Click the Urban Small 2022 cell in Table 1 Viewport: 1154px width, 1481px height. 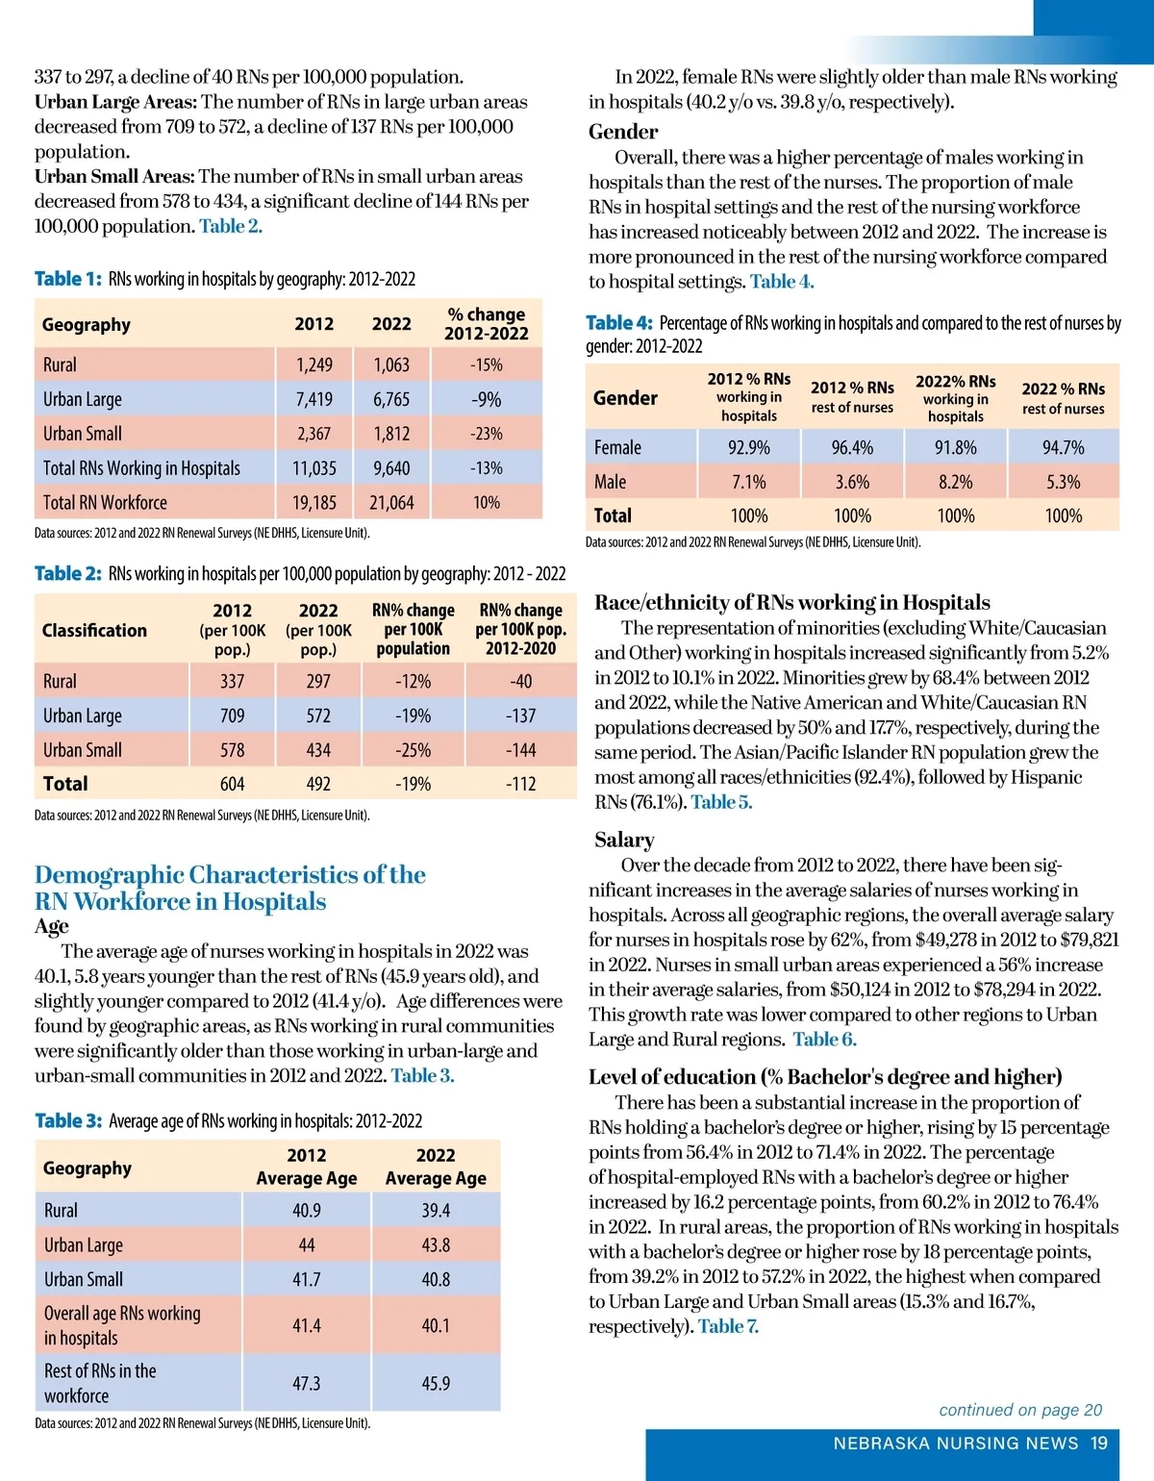pos(391,434)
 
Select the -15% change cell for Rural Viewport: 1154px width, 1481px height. pos(487,365)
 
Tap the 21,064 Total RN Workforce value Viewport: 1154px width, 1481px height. pos(391,503)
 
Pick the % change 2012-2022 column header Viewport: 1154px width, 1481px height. pos(487,324)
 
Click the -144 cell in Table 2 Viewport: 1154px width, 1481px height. pos(520,750)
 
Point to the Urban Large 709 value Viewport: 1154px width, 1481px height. pos(232,715)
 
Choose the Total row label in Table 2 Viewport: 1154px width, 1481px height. pos(65,784)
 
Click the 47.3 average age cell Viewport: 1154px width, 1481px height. pos(307,1384)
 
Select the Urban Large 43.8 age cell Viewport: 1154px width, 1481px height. pos(436,1245)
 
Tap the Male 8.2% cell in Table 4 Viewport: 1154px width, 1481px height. pos(956,482)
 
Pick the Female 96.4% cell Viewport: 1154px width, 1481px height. pos(852,447)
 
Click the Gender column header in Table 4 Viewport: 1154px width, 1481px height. pos(625,398)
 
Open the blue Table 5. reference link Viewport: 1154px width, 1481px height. pos(721,802)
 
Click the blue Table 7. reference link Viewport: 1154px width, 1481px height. pos(728,1326)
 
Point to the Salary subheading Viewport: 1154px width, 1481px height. pos(624,840)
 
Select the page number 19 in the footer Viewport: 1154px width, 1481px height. pos(1099,1443)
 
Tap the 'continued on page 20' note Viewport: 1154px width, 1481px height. pos(1020,1410)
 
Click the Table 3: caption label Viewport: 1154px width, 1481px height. pos(67,1120)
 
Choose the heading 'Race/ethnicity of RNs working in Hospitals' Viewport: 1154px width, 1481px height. pos(792,602)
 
